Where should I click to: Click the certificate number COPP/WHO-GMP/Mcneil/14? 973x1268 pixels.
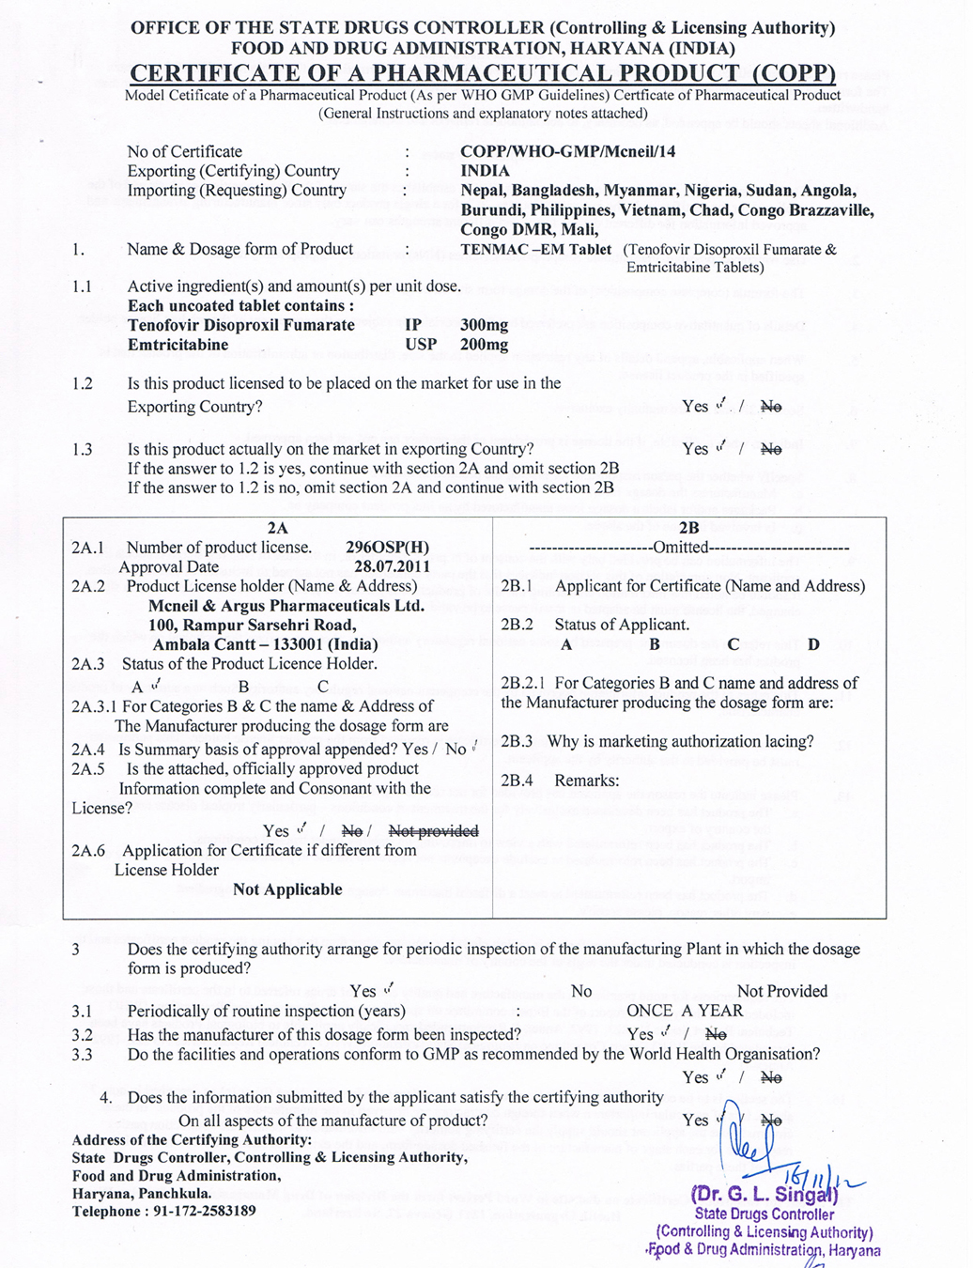[567, 151]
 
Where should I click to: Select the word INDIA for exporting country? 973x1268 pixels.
[485, 171]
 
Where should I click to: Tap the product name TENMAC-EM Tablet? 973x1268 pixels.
[535, 250]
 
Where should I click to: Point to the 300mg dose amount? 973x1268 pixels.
[484, 325]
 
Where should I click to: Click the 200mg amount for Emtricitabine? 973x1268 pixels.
[484, 345]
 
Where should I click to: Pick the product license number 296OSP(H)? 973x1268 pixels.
[387, 548]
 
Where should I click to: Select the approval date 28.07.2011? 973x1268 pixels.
[392, 566]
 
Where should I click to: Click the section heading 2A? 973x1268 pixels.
[277, 529]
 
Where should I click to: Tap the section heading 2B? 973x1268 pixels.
[688, 529]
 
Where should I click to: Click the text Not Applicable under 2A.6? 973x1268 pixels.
[287, 889]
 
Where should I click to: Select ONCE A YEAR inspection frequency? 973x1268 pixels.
[685, 1011]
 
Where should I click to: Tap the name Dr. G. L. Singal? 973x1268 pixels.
[764, 1196]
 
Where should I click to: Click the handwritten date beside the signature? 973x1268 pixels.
[815, 1172]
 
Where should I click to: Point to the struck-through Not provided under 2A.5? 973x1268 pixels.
[433, 831]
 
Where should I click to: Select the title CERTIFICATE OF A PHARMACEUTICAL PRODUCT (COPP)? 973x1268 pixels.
[482, 73]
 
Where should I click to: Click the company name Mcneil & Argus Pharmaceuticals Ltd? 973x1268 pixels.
[286, 606]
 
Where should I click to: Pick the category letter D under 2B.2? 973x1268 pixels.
[813, 644]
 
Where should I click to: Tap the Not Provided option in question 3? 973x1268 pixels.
[782, 991]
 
